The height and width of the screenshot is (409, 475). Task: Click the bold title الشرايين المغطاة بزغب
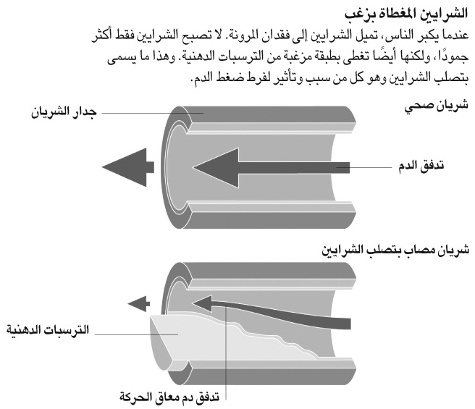click(406, 14)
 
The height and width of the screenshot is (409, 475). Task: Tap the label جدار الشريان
click(64, 113)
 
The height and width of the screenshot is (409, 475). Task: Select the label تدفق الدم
click(421, 166)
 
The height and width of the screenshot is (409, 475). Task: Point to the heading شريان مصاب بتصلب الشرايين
click(395, 250)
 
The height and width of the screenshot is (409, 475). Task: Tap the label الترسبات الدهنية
click(48, 329)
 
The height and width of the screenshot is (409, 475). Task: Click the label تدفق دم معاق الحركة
click(169, 396)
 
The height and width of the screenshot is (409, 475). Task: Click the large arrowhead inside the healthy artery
click(216, 167)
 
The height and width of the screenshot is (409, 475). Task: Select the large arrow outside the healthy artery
click(128, 167)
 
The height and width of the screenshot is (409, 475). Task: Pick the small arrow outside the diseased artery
click(139, 303)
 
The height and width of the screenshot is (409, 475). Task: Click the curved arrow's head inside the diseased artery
click(202, 303)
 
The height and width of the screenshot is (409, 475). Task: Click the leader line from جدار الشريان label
click(152, 113)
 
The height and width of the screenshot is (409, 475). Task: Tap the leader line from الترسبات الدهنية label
click(136, 334)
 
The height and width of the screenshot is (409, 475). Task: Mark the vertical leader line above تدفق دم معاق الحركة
click(226, 349)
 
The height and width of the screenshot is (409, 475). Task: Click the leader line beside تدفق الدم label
click(364, 167)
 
